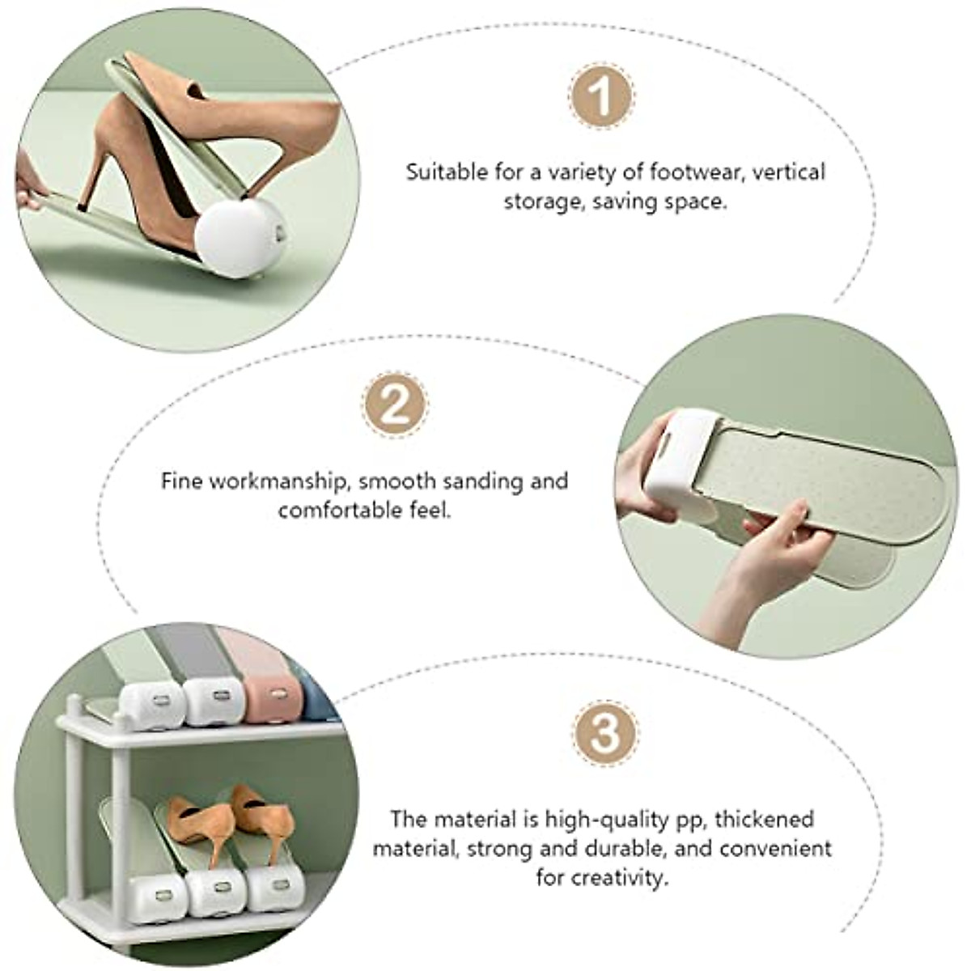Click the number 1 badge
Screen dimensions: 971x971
coord(600,95)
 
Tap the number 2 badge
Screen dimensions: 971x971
coord(394,404)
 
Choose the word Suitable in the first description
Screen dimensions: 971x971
coord(447,172)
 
